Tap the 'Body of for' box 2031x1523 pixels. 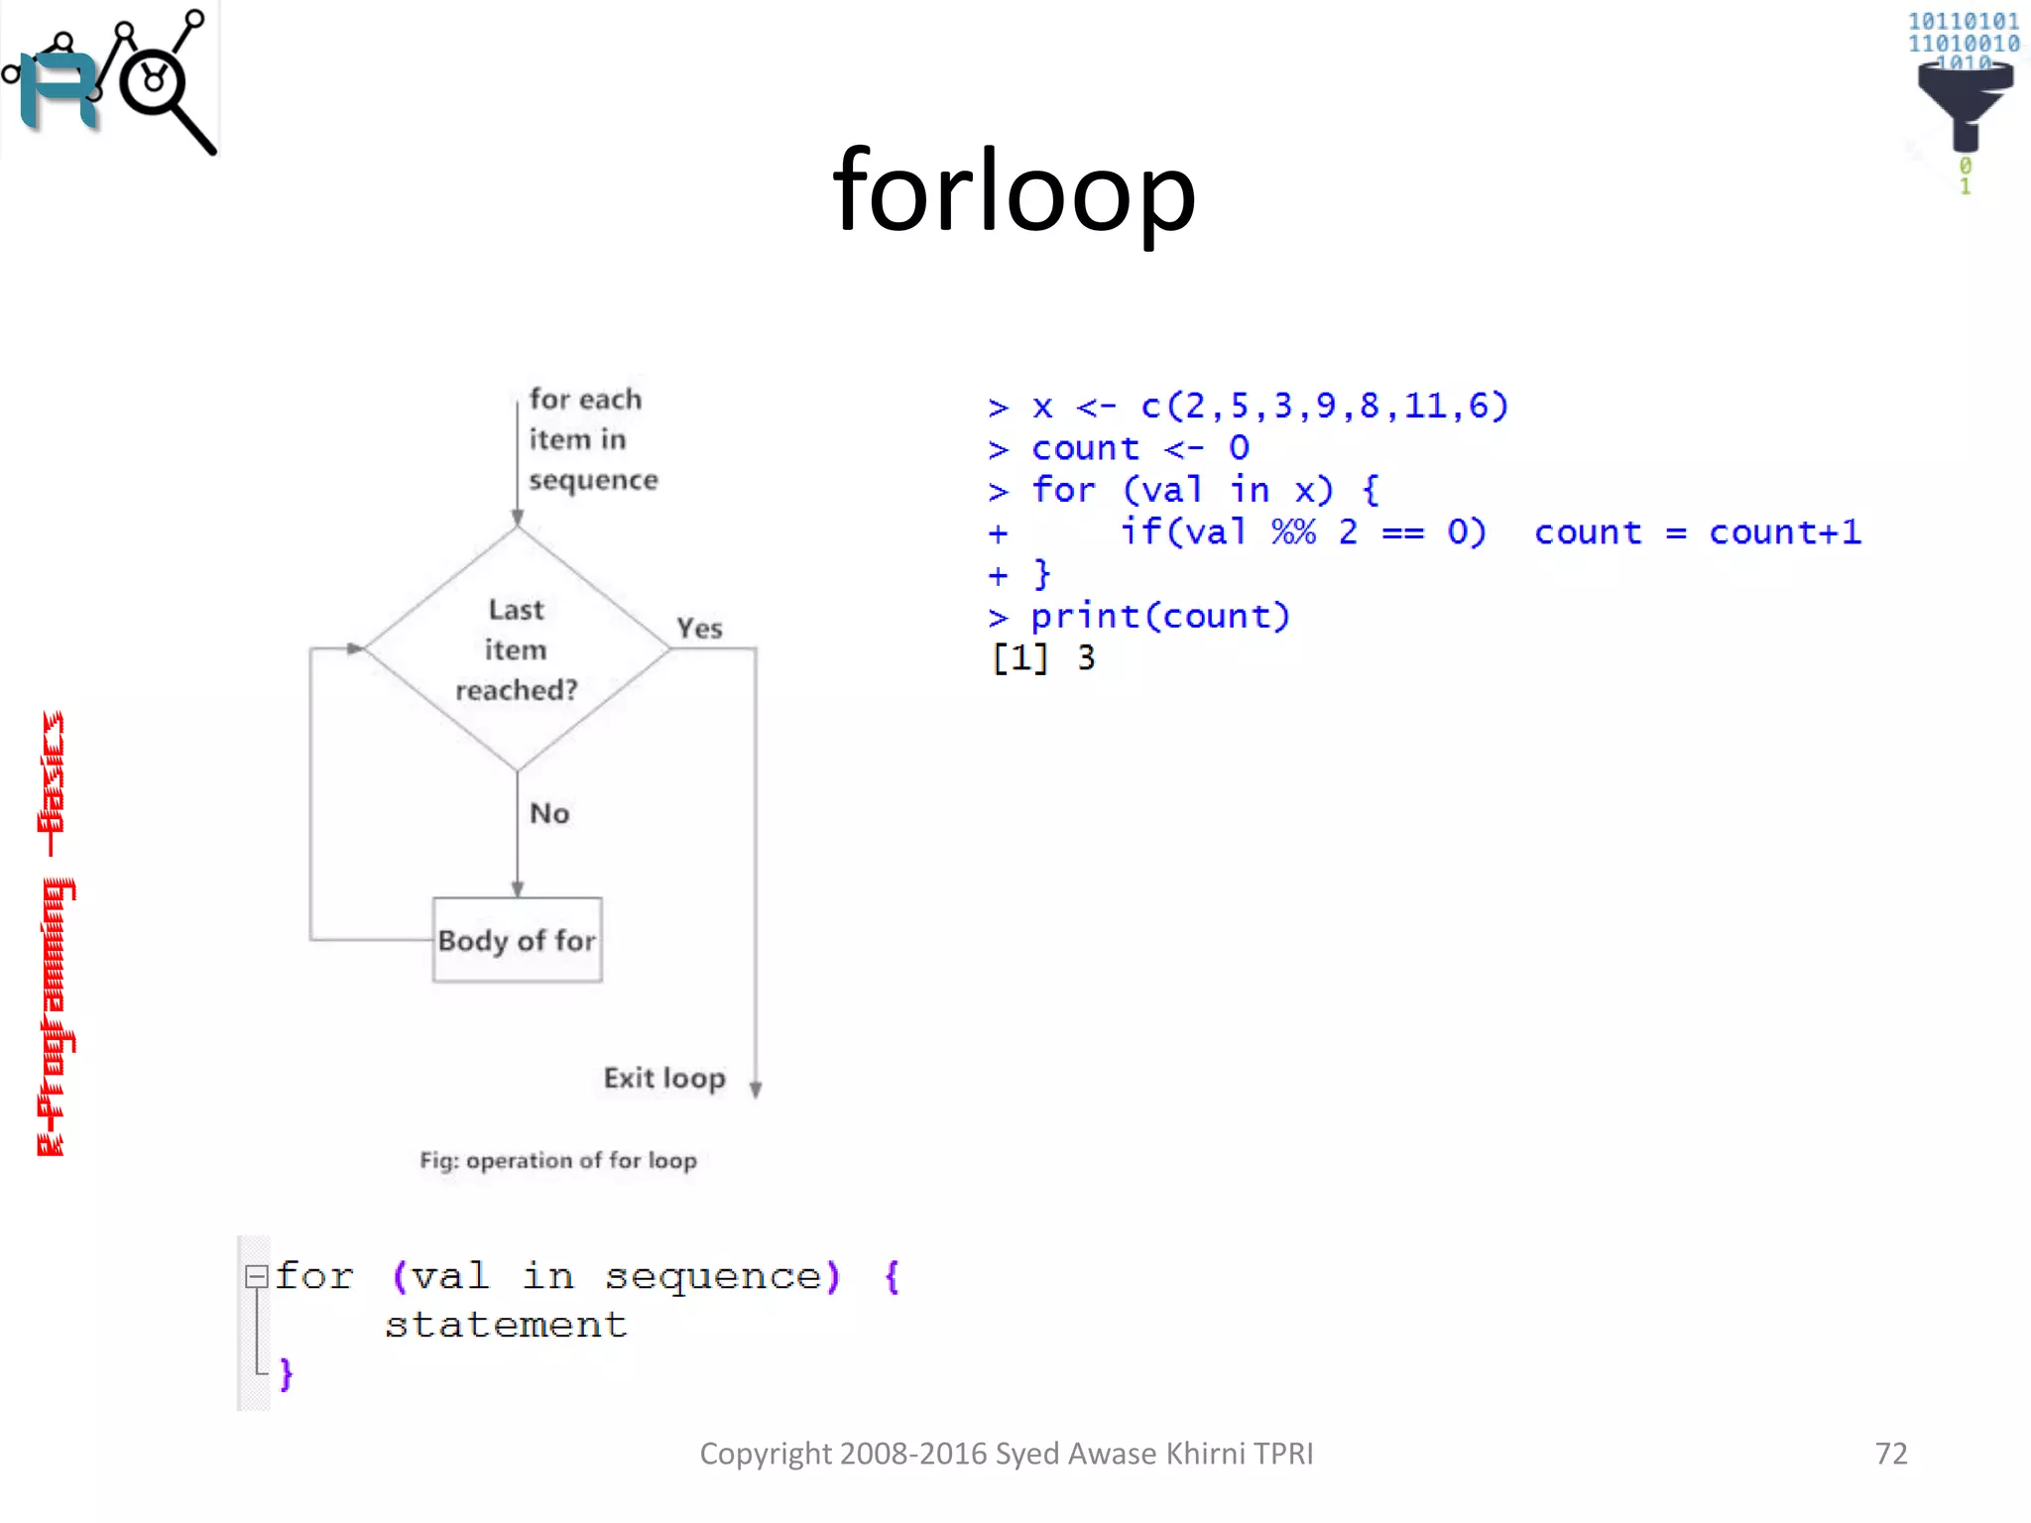coord(517,940)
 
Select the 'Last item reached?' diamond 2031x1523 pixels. coord(517,649)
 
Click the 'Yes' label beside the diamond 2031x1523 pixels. coord(699,629)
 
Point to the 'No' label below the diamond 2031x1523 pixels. coord(549,813)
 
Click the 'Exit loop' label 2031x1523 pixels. coord(664,1078)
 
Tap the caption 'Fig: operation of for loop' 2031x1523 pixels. coord(558,1160)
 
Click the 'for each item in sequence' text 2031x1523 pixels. coord(591,439)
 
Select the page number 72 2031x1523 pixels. coord(1891,1454)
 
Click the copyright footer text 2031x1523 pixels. coord(1007,1454)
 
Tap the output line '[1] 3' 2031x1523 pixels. coord(1043,658)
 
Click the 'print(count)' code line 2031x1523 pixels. coord(1159,617)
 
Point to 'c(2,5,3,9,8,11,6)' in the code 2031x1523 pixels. coord(1325,406)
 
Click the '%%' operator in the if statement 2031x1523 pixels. coord(1293,532)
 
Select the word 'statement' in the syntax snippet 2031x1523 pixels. coord(506,1325)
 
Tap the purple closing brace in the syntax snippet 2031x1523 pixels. coord(287,1374)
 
